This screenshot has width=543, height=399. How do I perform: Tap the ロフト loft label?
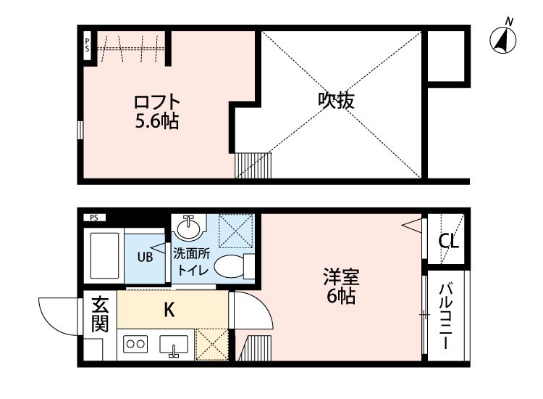(x=156, y=102)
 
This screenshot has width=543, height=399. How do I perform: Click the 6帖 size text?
(x=340, y=296)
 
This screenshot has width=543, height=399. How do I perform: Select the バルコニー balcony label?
(x=446, y=316)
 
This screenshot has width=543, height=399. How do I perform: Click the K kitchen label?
(x=168, y=310)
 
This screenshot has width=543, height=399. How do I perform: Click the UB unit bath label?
(x=146, y=256)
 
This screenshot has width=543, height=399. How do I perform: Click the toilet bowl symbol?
(x=232, y=266)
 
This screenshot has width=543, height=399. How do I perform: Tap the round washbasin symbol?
(x=188, y=228)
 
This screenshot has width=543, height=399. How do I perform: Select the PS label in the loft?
(x=87, y=45)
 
